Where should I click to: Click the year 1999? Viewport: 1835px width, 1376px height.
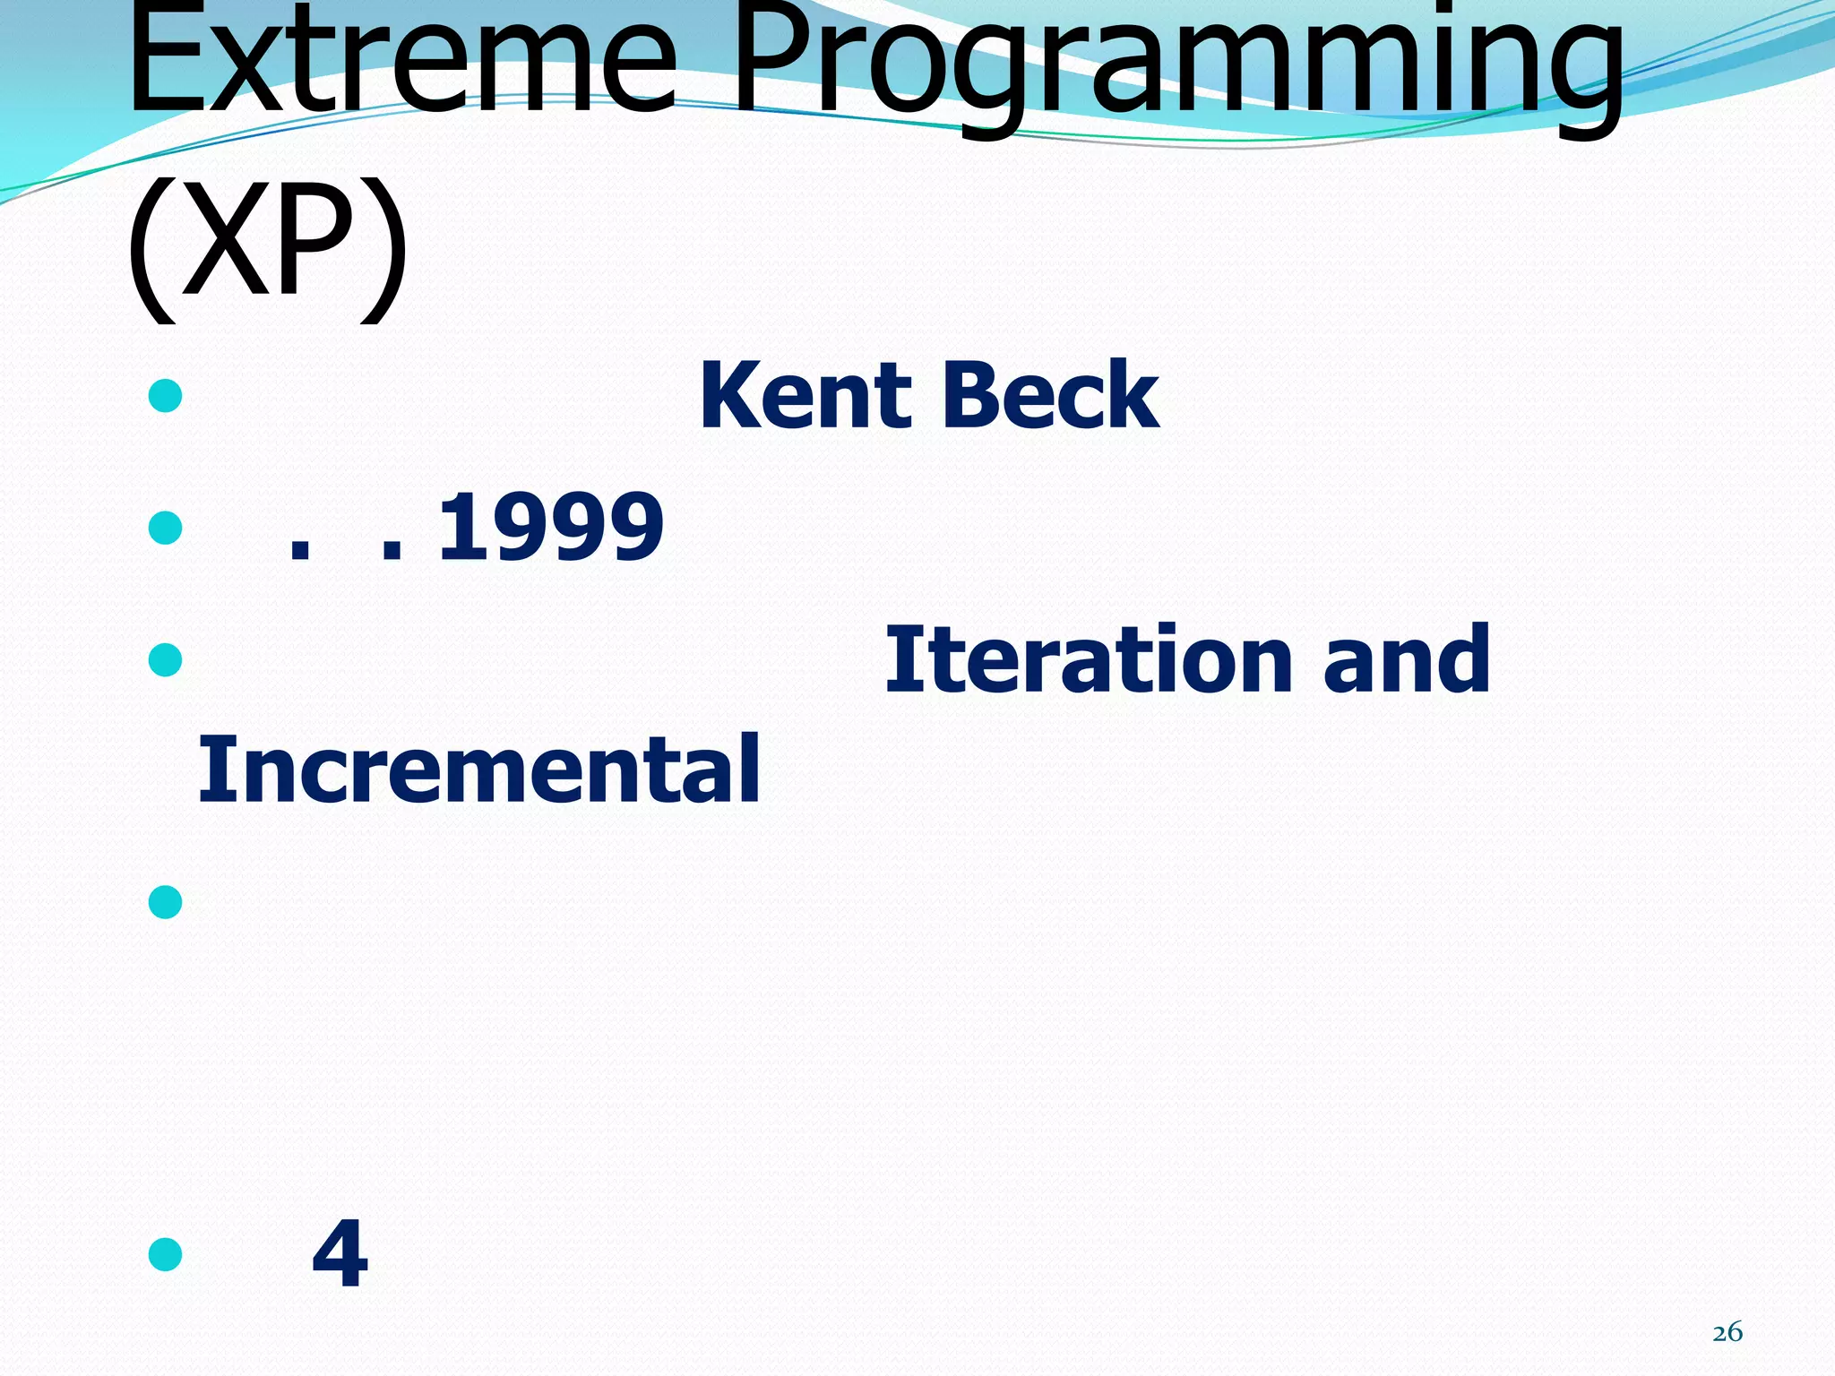coord(550,528)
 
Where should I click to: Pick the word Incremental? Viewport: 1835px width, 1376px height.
coord(479,769)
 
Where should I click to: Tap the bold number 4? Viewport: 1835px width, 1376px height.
coord(340,1255)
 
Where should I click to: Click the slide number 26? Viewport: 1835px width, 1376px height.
coord(1727,1332)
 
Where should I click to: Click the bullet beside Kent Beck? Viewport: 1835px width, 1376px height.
coord(166,395)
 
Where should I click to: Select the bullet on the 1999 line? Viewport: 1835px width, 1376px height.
coord(166,528)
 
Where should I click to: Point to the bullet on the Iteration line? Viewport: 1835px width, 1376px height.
coord(166,660)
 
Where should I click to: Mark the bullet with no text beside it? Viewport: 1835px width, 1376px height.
coord(166,901)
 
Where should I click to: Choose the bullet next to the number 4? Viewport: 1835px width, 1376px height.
coord(166,1254)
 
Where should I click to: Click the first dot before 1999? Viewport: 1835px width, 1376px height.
coord(299,552)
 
